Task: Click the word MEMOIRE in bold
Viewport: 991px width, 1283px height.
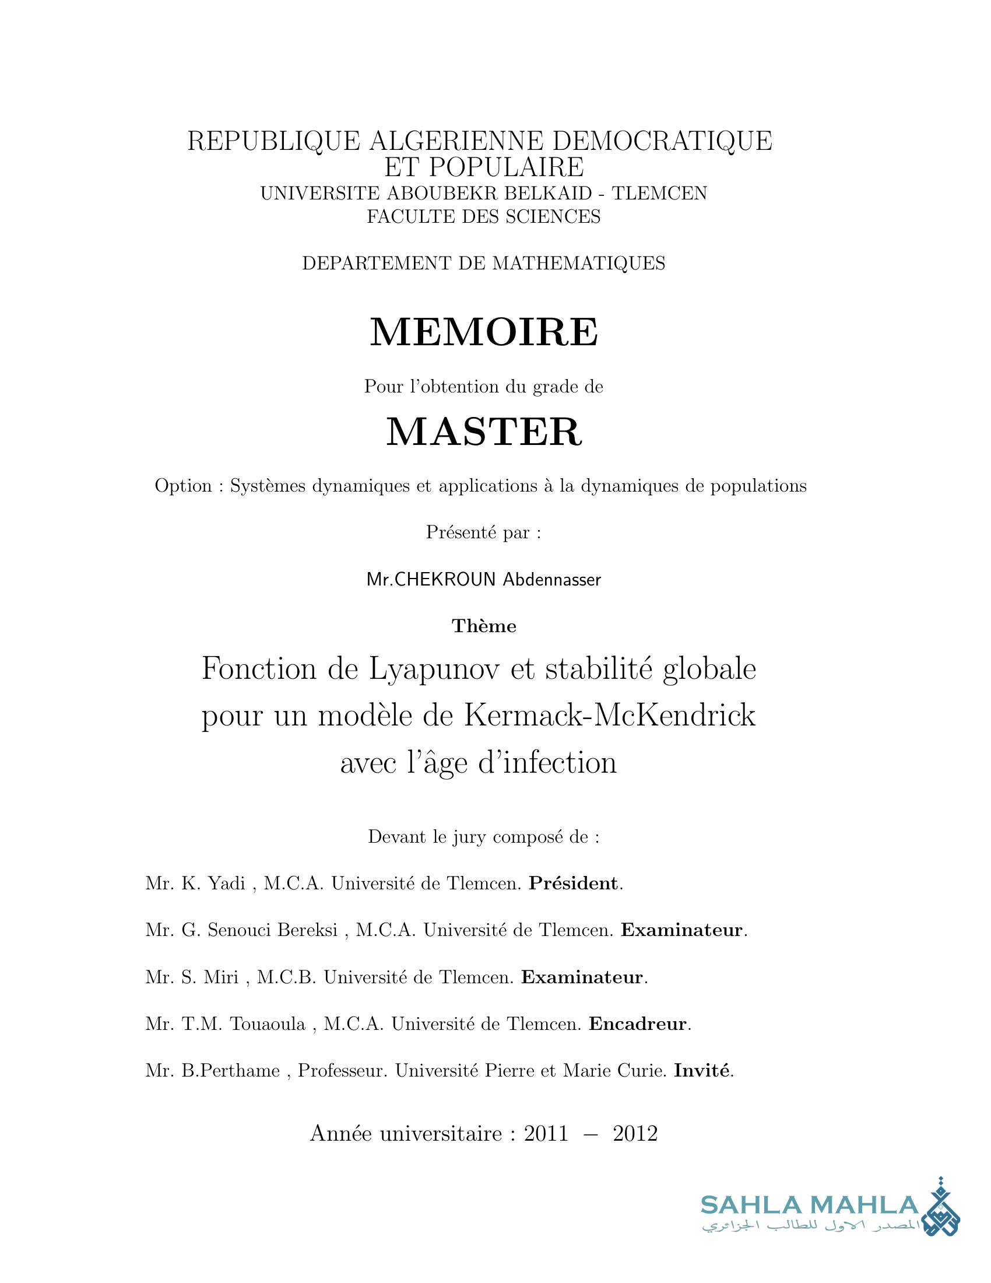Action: coord(484,332)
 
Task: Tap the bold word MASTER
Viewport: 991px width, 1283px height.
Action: coord(484,432)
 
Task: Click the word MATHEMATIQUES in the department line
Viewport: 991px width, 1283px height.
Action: coord(578,263)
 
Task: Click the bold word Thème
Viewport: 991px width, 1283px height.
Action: coord(484,626)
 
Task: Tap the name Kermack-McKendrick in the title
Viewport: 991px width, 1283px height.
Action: coord(609,716)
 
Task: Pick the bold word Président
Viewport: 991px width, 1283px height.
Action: coord(573,884)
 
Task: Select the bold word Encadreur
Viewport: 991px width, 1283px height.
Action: coord(638,1025)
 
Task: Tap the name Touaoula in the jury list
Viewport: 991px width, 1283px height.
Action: coord(267,1025)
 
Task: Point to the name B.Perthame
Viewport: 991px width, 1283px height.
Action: coord(230,1071)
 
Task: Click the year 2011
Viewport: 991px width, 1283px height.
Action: coord(546,1134)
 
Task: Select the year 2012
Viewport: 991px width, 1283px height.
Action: coord(635,1134)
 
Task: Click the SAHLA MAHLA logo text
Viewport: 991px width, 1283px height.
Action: coord(809,1205)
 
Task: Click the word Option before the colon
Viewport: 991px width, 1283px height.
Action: coord(183,486)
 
